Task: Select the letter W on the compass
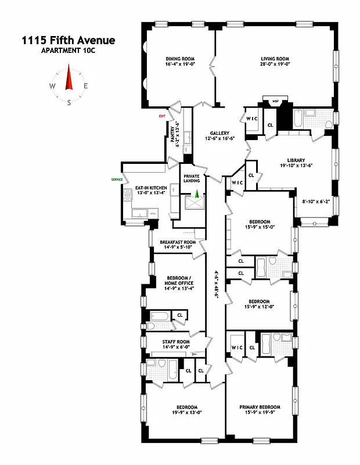pos(52,86)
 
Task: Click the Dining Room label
pos(180,59)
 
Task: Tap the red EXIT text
pos(162,116)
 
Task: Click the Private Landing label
pos(192,178)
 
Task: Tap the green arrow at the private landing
pos(196,195)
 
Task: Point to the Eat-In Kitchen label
pos(151,188)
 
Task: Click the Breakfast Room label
pos(178,242)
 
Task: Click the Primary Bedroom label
pos(260,407)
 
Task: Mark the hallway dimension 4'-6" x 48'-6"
pos(217,280)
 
